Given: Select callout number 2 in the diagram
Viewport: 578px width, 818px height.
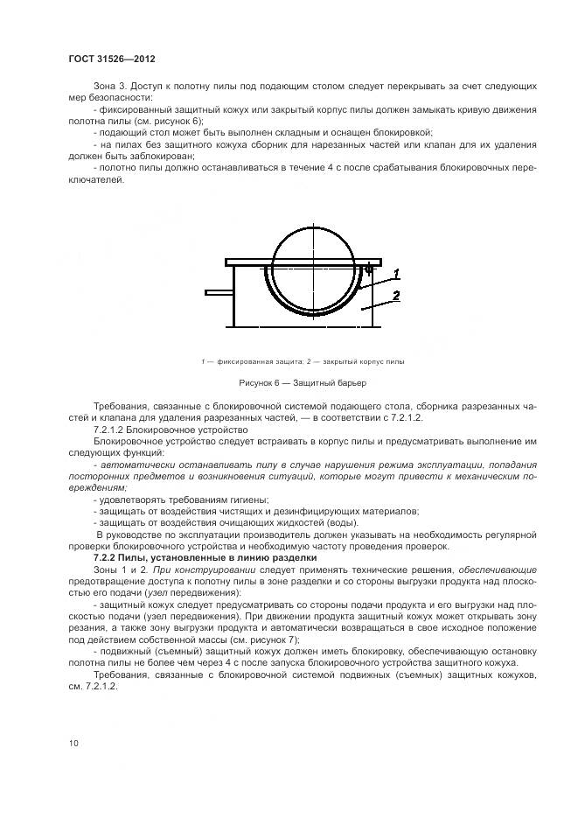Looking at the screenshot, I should (395, 297).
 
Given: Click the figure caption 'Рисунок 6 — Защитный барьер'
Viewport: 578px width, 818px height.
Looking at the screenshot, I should (303, 383).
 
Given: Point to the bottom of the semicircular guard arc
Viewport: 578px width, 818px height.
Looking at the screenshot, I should (312, 321).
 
